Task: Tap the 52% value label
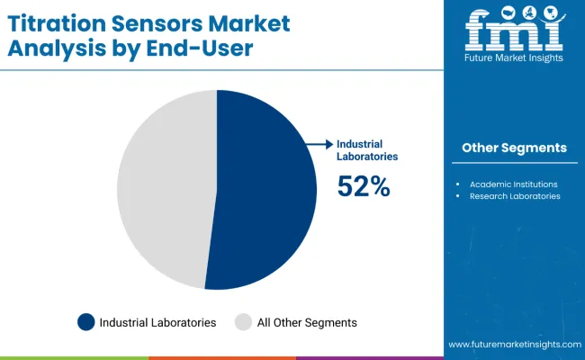pos(364,186)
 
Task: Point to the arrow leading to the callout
pos(319,144)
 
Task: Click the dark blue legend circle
pos(86,322)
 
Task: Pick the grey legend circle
pos(243,322)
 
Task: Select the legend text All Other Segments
pos(306,322)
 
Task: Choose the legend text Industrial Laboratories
pos(157,322)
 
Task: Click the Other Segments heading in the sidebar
pos(514,148)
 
